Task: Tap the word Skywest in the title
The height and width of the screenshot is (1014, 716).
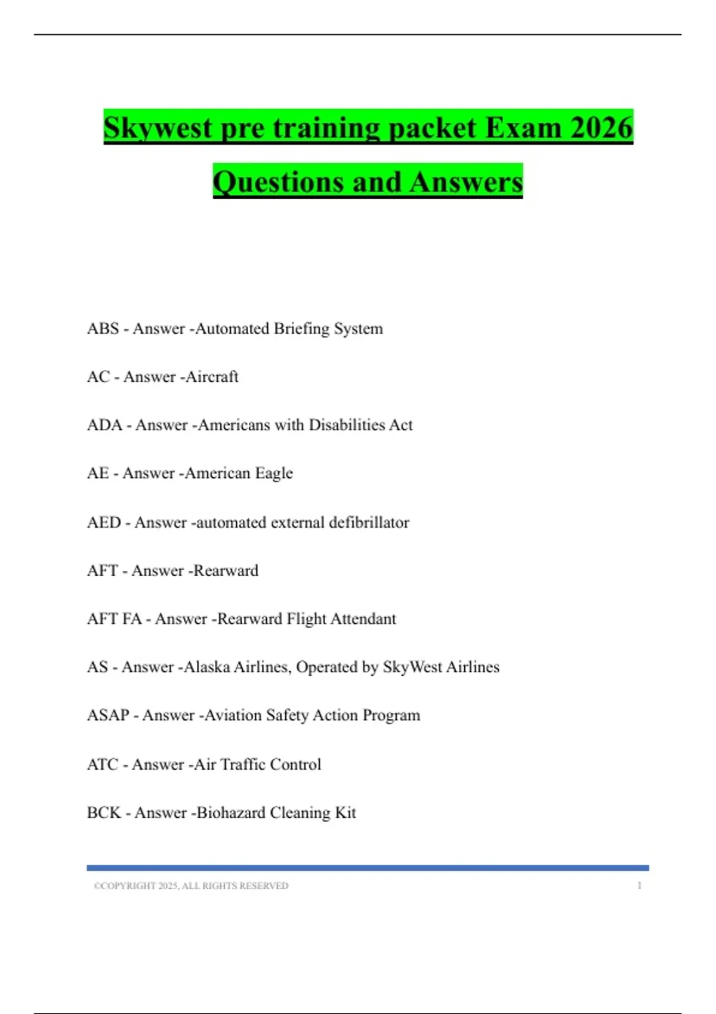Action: [x=158, y=128]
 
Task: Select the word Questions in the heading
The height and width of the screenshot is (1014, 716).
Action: [x=279, y=182]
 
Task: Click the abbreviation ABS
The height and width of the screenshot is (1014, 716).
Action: [x=103, y=329]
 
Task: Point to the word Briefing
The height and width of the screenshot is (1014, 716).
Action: [x=301, y=329]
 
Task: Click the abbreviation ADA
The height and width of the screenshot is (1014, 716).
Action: [x=104, y=425]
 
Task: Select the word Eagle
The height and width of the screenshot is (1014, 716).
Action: [x=274, y=474]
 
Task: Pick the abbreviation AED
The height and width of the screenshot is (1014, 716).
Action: [x=104, y=523]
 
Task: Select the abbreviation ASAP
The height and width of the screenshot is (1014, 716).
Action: [x=108, y=715]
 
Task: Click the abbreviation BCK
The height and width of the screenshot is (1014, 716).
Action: [x=104, y=813]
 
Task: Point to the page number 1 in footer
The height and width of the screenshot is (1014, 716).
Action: [x=639, y=886]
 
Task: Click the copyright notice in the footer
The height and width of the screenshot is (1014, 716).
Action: [x=191, y=886]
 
